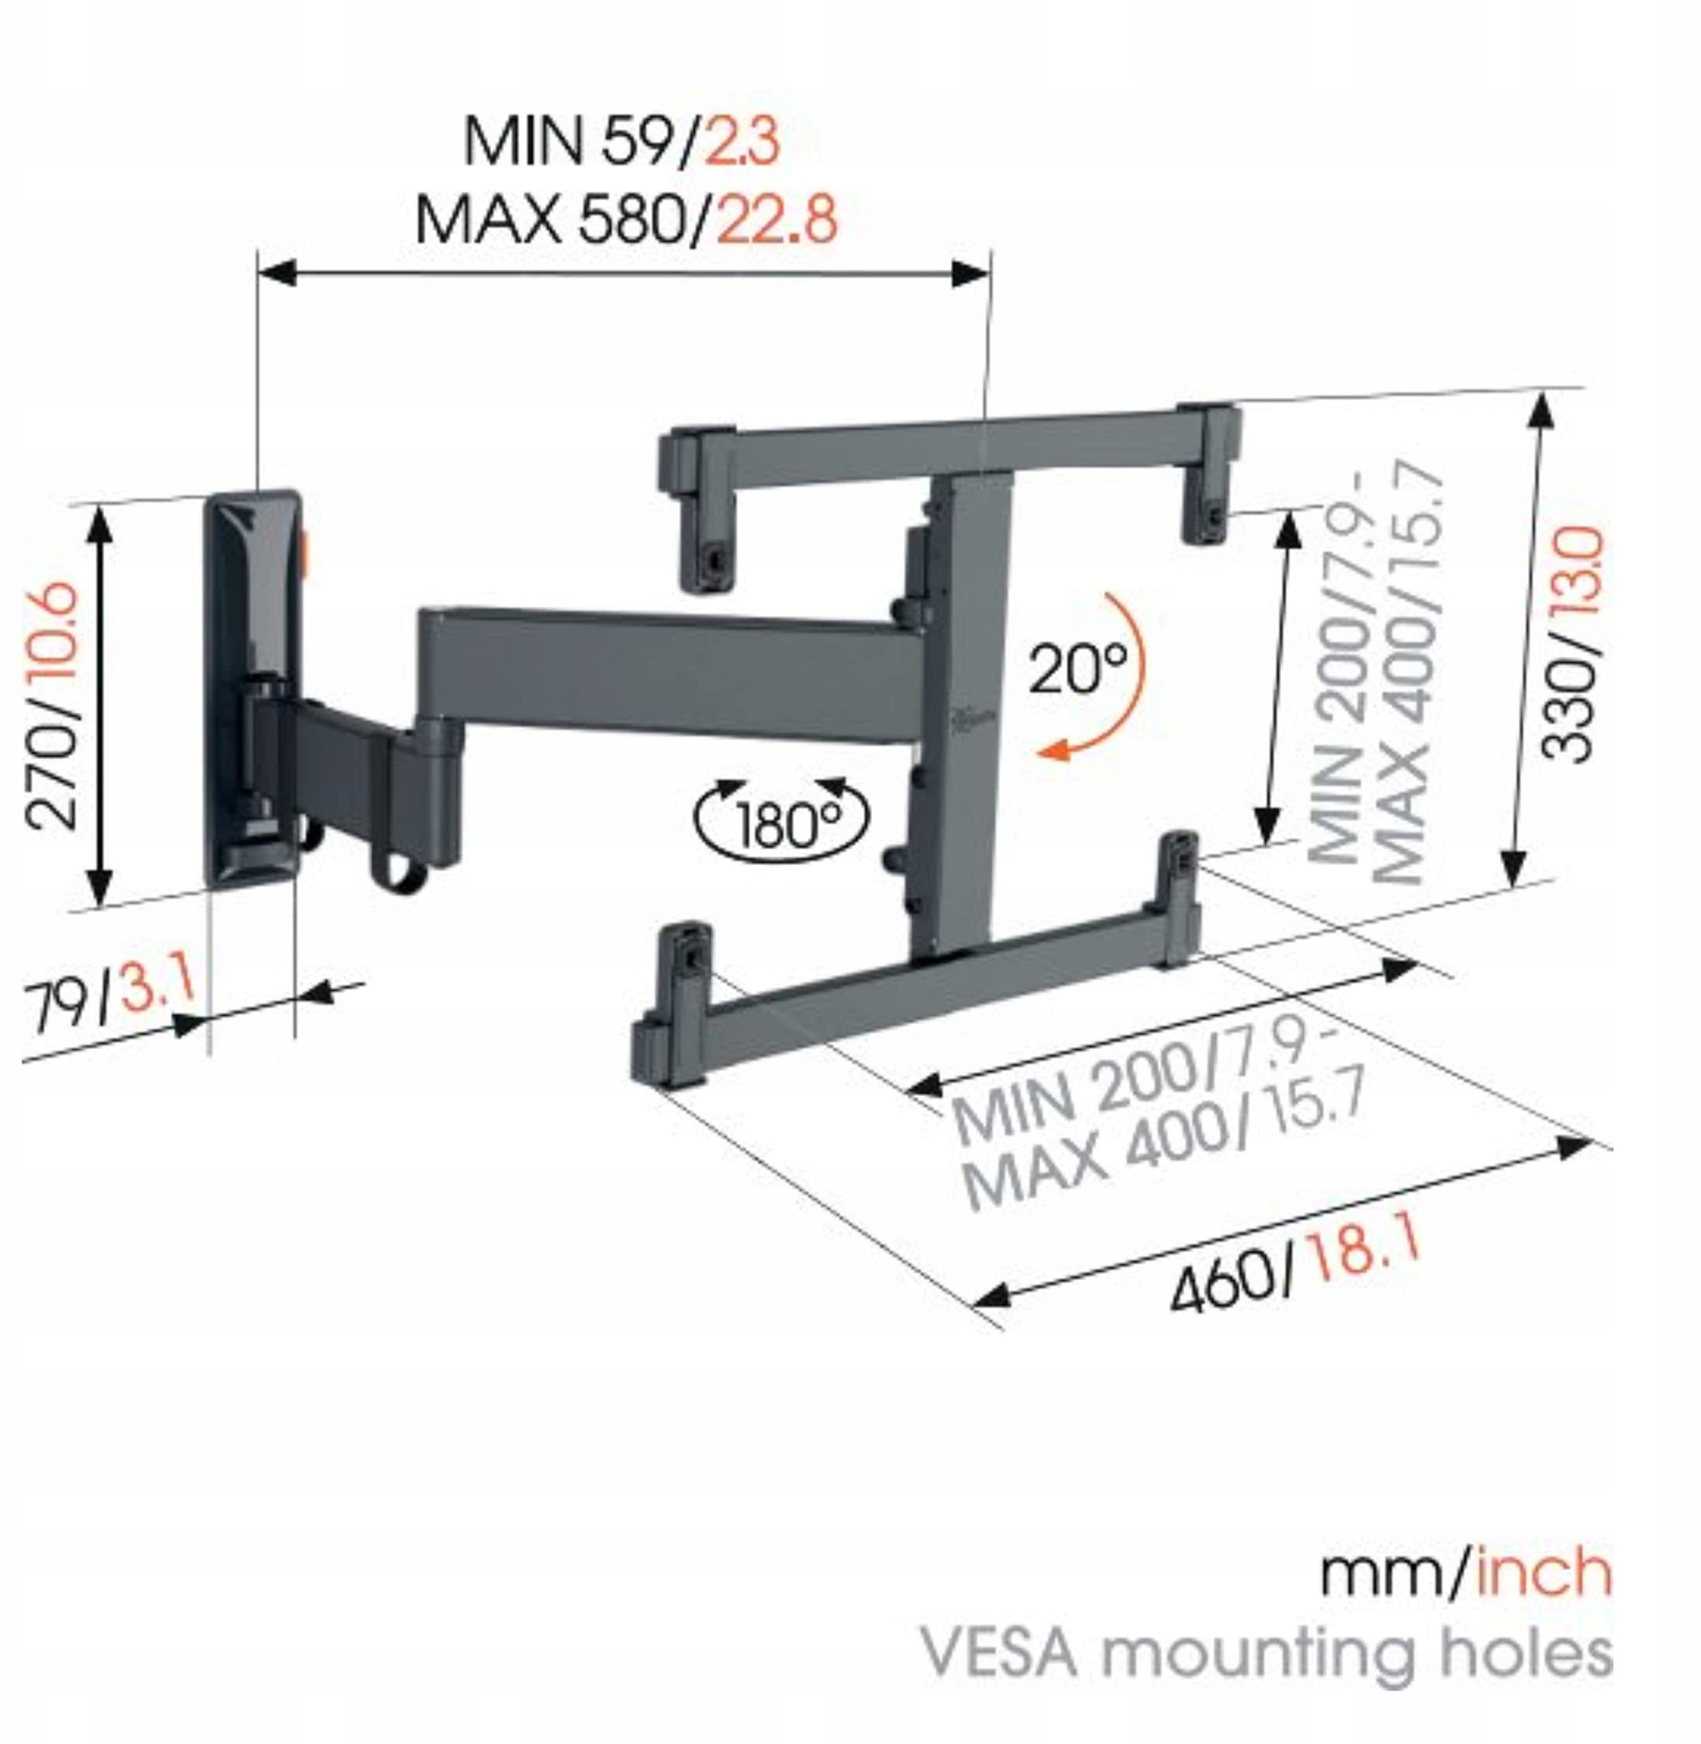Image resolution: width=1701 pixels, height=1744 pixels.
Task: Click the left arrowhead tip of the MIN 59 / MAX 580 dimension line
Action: tap(258, 273)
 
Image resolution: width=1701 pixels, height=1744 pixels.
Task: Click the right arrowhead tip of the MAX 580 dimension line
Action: tap(990, 273)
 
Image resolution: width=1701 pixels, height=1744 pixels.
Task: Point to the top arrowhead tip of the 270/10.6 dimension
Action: tap(100, 507)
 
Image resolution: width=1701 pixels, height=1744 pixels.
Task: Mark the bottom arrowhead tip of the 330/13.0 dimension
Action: tap(1513, 887)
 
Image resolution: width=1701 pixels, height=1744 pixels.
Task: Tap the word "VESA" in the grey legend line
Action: tap(1001, 1654)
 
